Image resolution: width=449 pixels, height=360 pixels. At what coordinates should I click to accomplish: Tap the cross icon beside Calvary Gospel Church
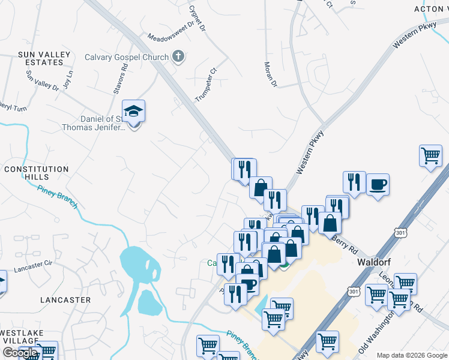[x=178, y=57]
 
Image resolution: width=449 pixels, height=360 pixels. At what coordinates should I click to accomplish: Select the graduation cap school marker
[x=133, y=112]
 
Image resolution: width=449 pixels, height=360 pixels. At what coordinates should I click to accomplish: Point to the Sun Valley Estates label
[x=44, y=58]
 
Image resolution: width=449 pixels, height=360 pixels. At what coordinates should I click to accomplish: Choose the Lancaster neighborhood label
[x=65, y=299]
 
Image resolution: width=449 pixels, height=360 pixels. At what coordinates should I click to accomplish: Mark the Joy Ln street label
[x=67, y=77]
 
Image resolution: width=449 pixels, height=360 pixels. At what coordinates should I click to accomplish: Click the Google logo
[x=20, y=353]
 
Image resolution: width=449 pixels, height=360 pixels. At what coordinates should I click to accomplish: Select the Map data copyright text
[x=411, y=355]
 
